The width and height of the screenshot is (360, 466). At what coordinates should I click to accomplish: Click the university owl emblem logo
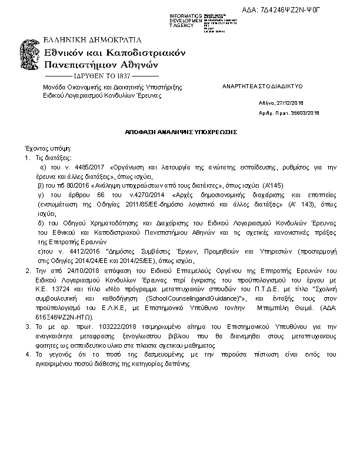tap(31, 58)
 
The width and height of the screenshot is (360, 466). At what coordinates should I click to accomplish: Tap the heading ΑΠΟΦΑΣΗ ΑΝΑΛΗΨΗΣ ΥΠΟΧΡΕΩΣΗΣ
tap(181, 133)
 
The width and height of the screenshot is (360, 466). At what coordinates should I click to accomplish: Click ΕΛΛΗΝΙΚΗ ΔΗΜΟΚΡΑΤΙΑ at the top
tap(93, 40)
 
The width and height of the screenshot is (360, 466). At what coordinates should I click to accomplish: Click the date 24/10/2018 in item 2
tap(66, 270)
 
